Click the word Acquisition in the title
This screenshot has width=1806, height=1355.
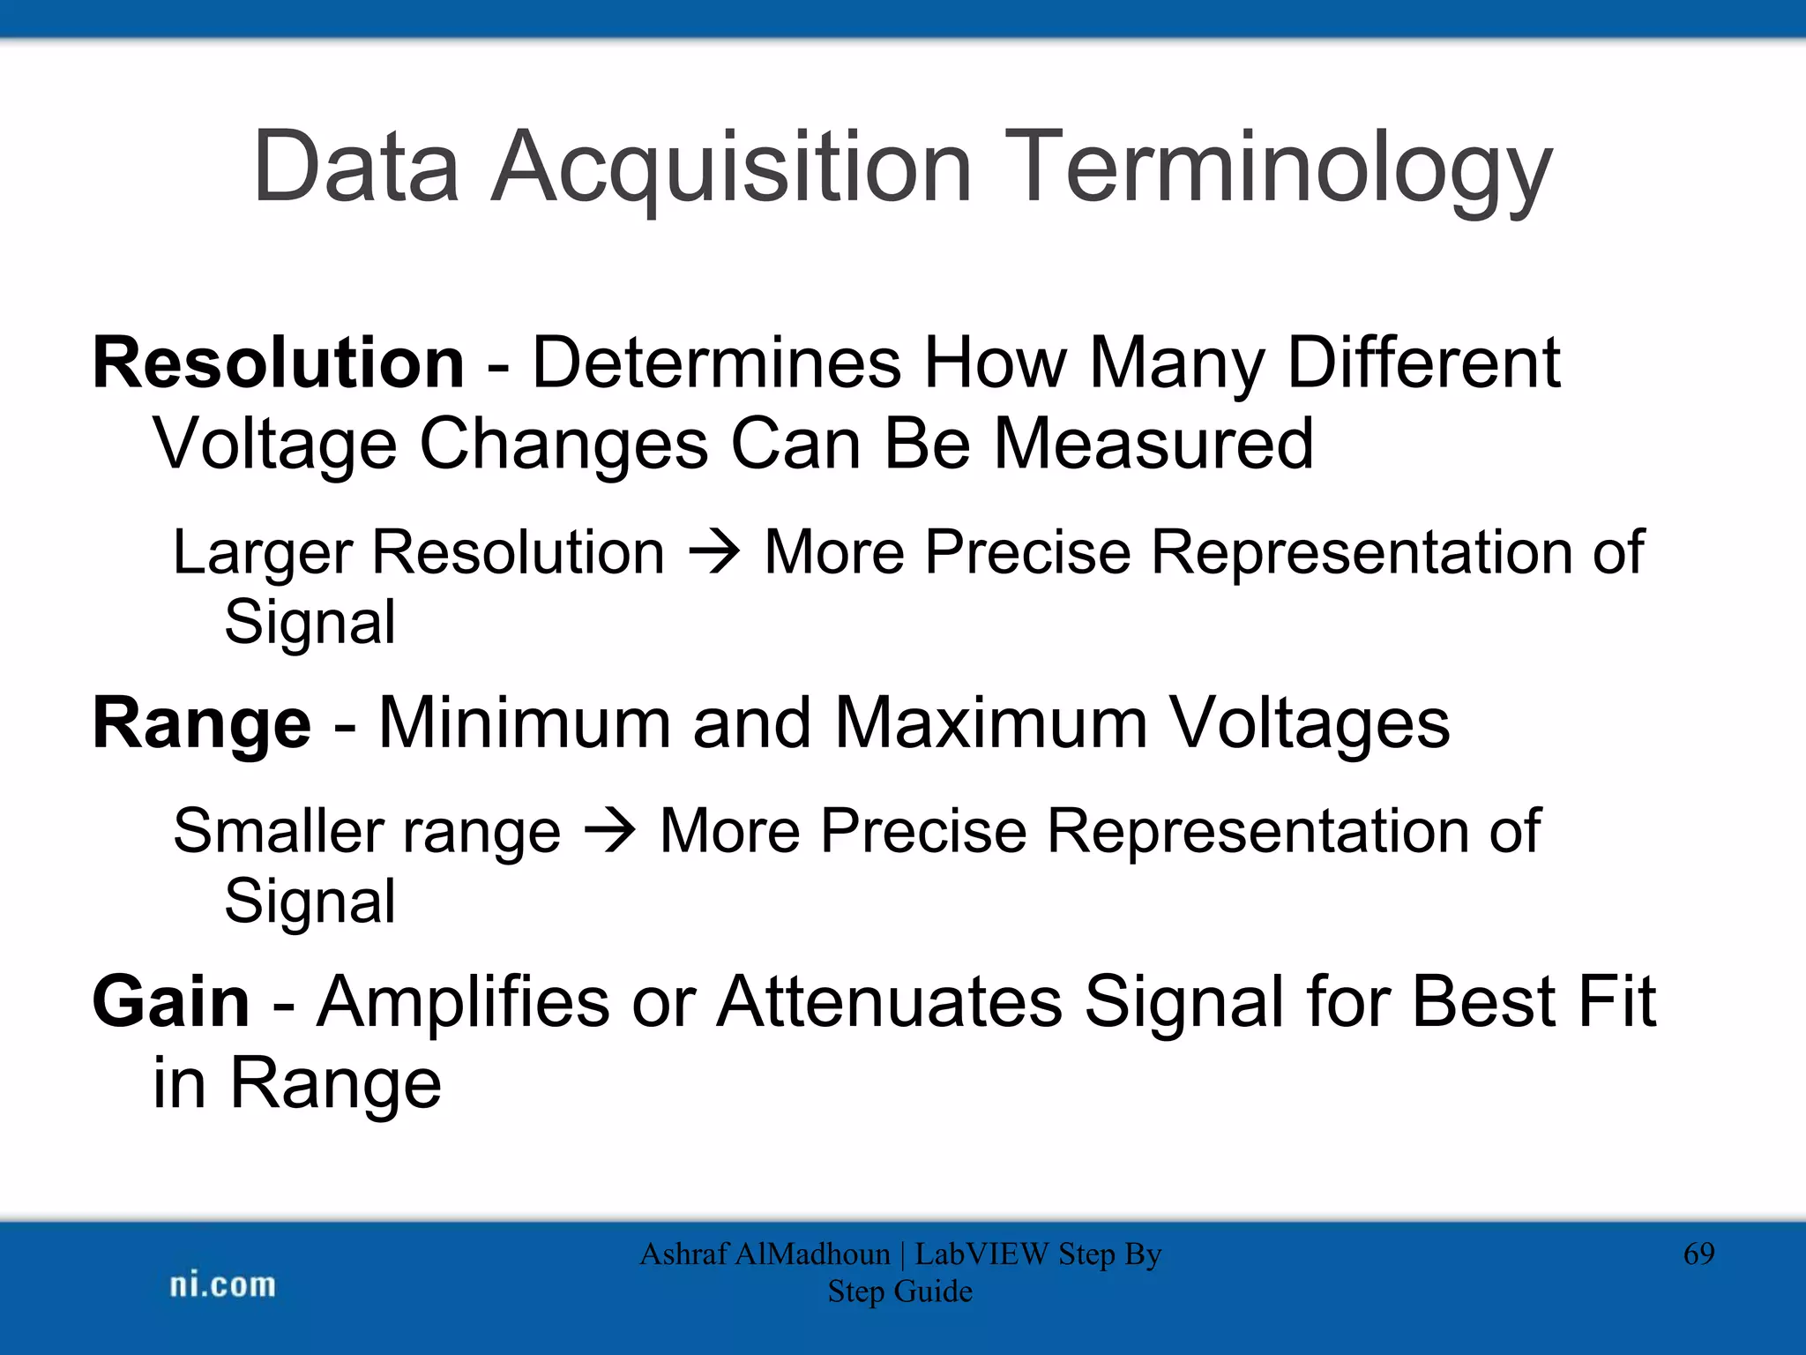pos(732,168)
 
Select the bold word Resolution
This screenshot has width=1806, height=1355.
pos(279,363)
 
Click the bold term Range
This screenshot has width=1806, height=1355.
pos(202,723)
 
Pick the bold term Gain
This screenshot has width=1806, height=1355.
pos(171,1002)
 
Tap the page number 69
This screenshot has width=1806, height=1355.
pos(1698,1254)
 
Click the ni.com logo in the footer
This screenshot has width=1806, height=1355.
pos(222,1285)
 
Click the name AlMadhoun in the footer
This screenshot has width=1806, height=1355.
pos(812,1254)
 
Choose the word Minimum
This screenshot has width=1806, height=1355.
pos(525,723)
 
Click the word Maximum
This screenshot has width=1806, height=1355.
pos(990,723)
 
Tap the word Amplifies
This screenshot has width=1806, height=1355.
pos(463,1002)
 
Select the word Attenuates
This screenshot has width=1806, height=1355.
pos(889,1002)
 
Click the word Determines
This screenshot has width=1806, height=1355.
pos(716,363)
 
